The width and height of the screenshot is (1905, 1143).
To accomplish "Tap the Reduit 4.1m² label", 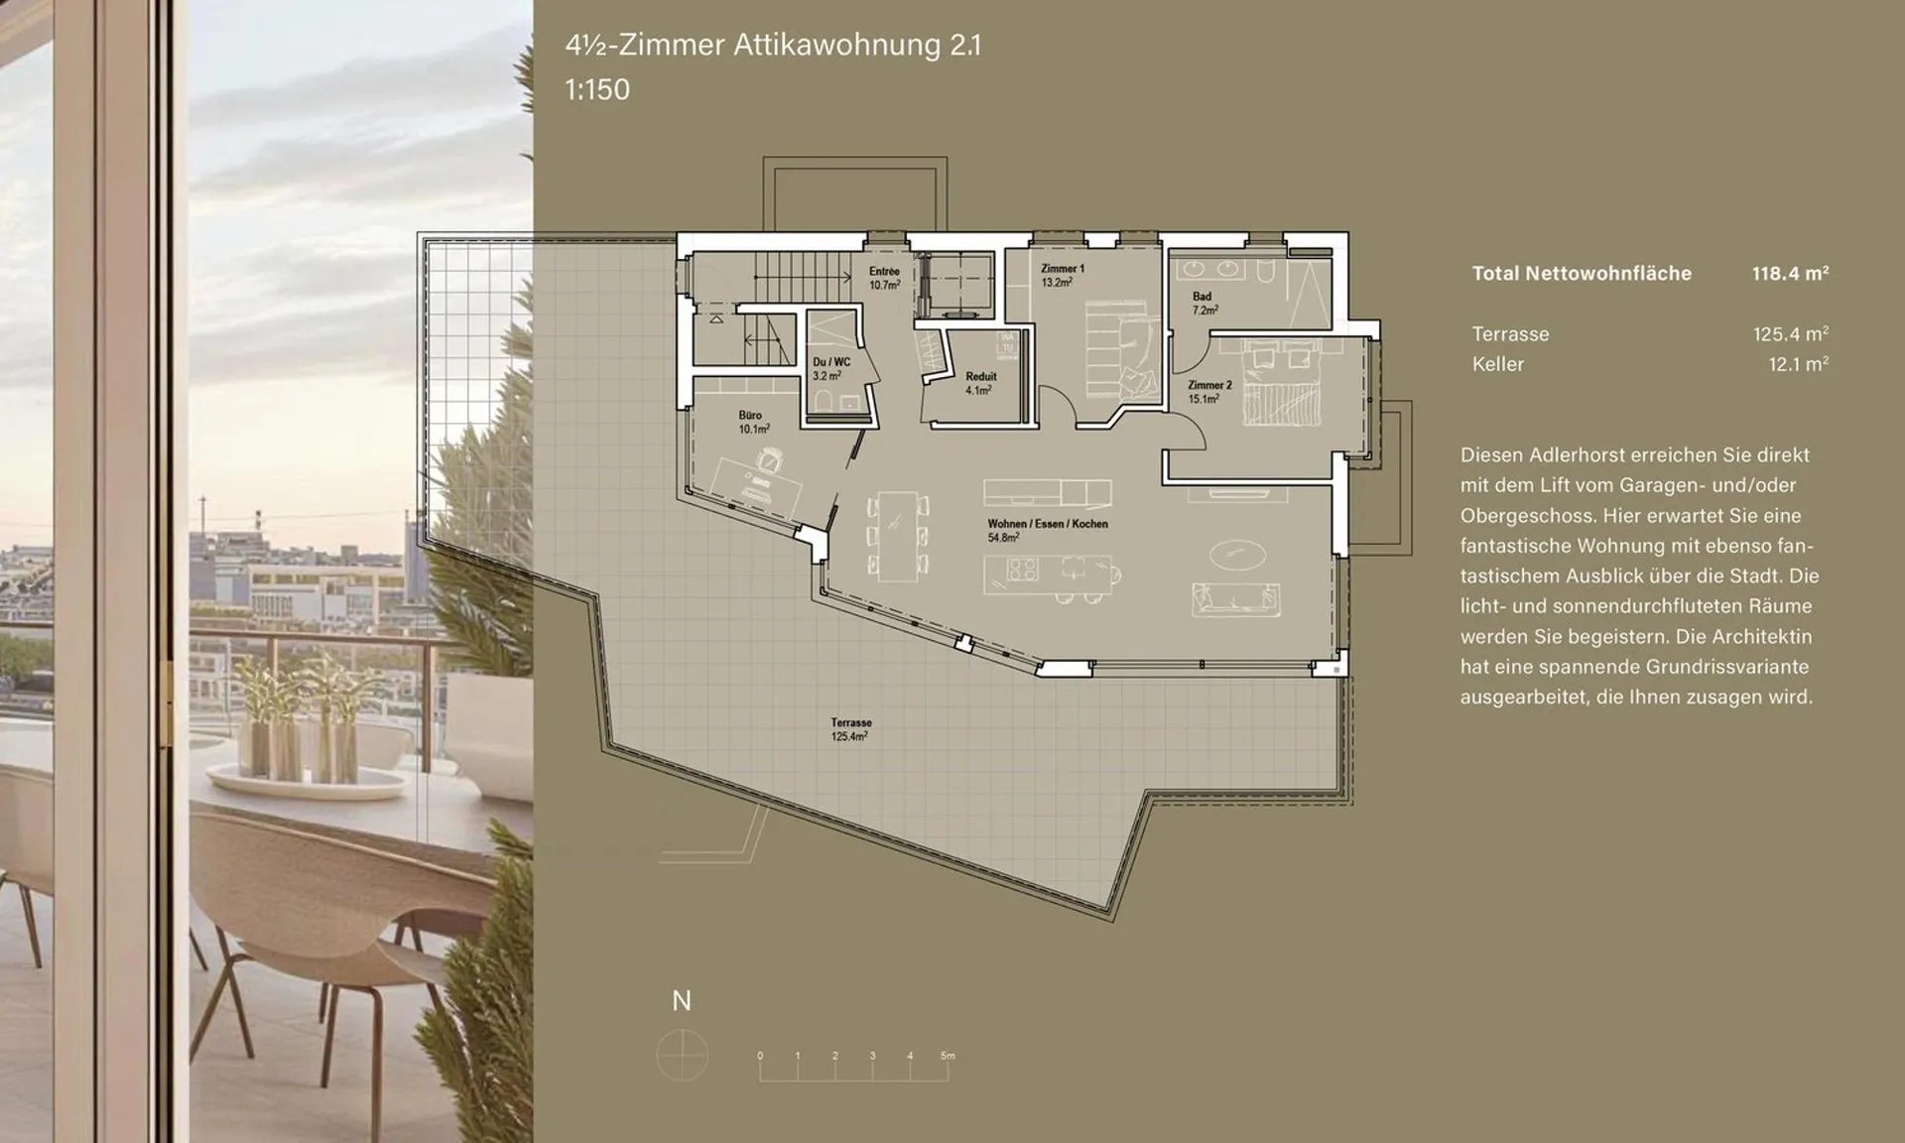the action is (980, 384).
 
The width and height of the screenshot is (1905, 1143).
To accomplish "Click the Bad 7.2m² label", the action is (1205, 303).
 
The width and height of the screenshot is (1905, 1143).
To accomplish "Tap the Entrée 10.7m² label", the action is (884, 278).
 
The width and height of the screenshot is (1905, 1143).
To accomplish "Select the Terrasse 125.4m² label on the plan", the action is (850, 730).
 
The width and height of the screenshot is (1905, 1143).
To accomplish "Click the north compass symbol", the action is (682, 1054).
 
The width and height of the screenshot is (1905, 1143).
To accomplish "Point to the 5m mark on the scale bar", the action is (948, 1056).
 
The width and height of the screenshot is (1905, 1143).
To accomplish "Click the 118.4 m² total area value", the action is (1790, 273).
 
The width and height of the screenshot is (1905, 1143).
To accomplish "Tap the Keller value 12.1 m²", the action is (1799, 364).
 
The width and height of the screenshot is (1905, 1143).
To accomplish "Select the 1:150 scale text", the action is (597, 89).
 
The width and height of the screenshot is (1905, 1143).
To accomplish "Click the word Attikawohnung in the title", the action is (836, 46).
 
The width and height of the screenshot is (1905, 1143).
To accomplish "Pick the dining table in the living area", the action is (898, 537).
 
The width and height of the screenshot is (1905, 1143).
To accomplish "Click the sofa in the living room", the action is (1235, 598).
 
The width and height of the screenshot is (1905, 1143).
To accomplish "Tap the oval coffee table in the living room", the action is (1237, 554).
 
